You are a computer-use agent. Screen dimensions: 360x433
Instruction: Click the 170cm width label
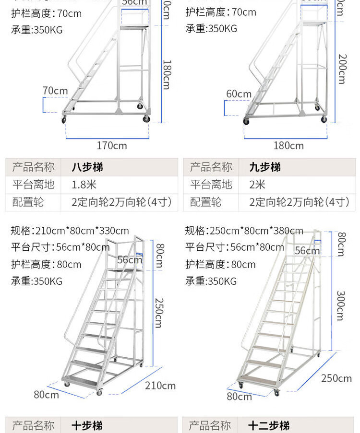click(x=112, y=145)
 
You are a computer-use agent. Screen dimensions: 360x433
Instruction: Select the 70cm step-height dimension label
click(x=55, y=91)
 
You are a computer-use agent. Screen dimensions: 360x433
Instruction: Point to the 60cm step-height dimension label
click(x=239, y=94)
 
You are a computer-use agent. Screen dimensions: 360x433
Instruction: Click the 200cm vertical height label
click(x=341, y=69)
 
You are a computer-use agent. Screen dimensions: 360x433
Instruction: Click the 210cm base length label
click(x=160, y=386)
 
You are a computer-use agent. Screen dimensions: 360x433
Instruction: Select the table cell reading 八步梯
click(x=87, y=167)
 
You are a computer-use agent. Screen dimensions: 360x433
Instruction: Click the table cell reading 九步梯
click(x=265, y=167)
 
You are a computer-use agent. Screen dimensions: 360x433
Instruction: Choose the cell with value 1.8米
click(x=84, y=185)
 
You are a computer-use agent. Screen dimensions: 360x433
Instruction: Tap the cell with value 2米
click(x=257, y=185)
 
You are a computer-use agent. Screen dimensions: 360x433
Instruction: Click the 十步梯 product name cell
click(x=87, y=425)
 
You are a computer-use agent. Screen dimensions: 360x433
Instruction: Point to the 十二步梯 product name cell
click(x=269, y=425)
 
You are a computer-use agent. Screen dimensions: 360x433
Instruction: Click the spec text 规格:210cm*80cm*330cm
click(x=70, y=231)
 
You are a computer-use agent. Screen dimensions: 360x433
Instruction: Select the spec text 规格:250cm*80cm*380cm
click(x=244, y=231)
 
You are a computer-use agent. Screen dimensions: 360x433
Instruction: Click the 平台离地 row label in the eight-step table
click(x=33, y=185)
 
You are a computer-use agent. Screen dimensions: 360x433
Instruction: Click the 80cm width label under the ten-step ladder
click(x=46, y=395)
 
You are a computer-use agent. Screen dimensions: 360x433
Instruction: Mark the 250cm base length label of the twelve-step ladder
click(x=336, y=378)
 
